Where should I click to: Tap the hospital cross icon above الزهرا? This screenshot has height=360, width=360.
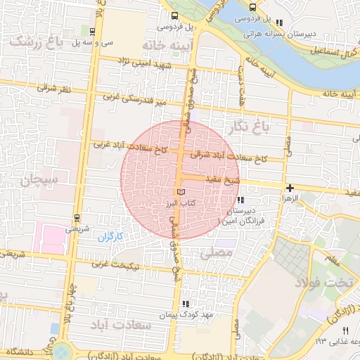coord(290,188)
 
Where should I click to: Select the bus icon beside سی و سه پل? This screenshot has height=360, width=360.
coord(94,31)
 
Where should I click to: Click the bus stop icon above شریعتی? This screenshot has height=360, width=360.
coord(77,217)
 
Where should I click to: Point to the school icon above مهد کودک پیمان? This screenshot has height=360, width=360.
coord(186,304)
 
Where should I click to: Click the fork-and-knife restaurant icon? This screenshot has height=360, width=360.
coord(345,330)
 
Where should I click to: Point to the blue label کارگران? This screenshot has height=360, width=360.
coord(109,236)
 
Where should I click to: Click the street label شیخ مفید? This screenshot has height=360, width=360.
coord(223,181)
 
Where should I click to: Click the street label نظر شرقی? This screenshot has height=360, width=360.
coord(56,89)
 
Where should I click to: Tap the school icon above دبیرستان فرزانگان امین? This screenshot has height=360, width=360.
coord(243,200)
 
